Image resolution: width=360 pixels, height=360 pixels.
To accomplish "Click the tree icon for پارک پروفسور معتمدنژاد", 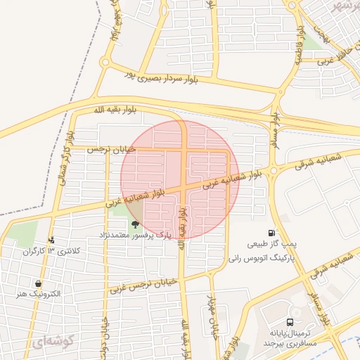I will (x=134, y=224).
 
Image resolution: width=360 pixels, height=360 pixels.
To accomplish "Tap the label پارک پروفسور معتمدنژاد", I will (x=134, y=235).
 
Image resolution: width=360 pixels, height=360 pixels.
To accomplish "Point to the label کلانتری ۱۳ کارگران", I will (x=52, y=251).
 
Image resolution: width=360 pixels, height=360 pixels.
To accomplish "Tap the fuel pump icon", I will (x=271, y=233).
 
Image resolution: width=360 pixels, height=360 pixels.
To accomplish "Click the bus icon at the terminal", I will (x=271, y=321).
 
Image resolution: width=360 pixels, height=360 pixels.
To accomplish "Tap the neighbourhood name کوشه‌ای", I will (x=51, y=342).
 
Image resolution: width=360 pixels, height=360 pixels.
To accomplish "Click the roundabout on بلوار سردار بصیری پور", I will (x=105, y=63).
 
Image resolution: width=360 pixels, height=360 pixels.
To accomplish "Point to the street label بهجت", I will (x=321, y=32).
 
